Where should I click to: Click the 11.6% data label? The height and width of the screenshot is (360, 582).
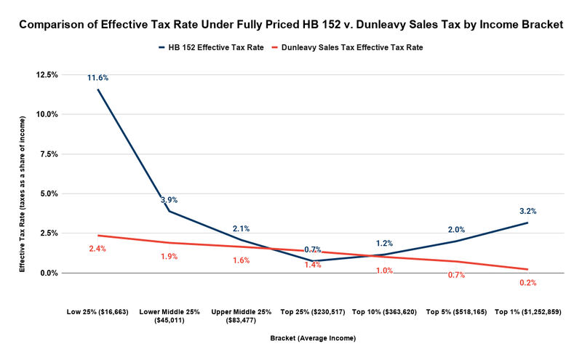[97, 78]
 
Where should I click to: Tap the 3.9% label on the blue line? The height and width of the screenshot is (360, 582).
[169, 200]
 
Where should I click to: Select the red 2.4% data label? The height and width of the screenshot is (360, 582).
[97, 249]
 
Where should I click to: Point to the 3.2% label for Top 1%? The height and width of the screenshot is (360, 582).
[527, 211]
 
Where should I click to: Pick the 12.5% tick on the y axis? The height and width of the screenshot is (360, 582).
[47, 75]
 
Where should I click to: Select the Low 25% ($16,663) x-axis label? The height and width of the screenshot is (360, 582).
[97, 311]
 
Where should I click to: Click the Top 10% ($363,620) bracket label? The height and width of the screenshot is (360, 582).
[384, 311]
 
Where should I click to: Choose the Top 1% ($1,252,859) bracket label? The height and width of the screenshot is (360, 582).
[527, 311]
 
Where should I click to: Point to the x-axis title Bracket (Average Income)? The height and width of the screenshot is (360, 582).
[312, 338]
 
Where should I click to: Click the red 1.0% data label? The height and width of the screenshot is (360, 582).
[384, 271]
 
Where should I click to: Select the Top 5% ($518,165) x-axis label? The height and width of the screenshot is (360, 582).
[455, 311]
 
